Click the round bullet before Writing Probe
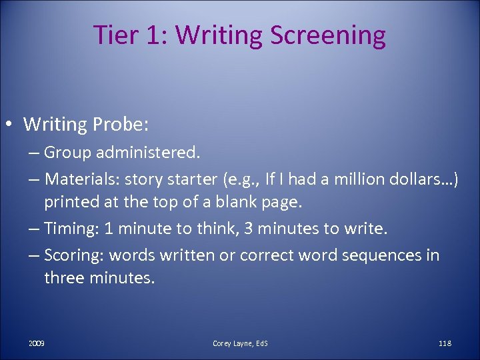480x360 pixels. (x=11, y=125)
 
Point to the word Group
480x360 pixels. (x=67, y=153)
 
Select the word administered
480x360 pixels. (x=147, y=153)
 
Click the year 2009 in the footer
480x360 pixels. (x=37, y=343)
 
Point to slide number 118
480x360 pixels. (x=445, y=343)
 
